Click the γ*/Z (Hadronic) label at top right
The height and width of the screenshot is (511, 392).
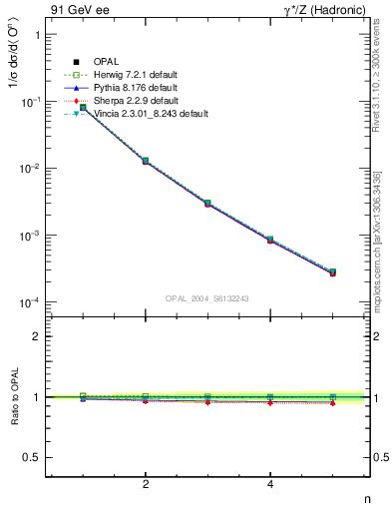(x=324, y=10)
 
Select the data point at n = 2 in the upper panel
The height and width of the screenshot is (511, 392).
(x=146, y=161)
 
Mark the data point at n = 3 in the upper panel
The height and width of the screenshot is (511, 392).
(x=207, y=203)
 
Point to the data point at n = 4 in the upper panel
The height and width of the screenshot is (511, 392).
(x=270, y=240)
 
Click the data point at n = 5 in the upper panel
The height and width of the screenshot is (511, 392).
(x=333, y=271)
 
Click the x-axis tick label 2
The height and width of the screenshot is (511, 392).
(x=146, y=485)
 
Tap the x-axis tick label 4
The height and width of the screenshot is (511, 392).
(x=270, y=485)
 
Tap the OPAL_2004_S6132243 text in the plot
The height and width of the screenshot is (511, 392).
(x=207, y=297)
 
